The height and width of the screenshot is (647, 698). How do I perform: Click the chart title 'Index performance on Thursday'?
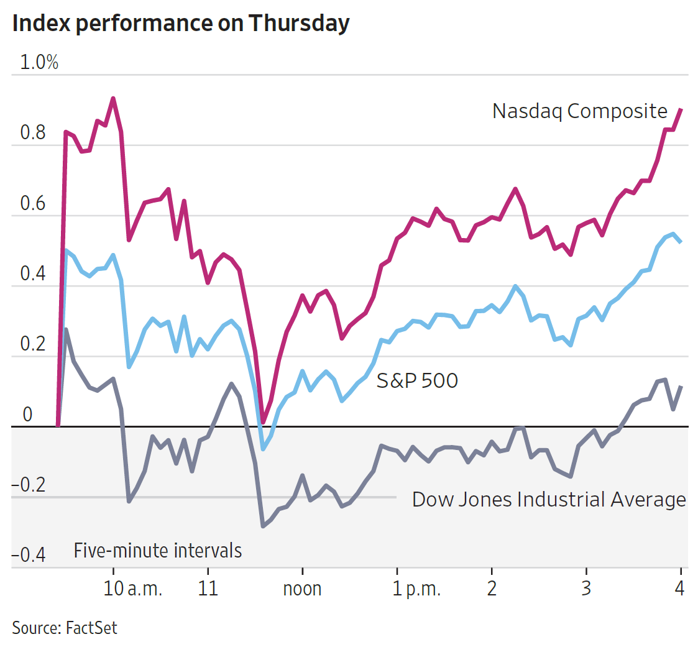181,24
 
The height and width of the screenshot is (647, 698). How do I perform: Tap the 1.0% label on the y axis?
40,63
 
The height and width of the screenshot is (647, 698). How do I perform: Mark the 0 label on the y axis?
27,415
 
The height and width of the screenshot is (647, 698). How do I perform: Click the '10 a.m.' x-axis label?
132,588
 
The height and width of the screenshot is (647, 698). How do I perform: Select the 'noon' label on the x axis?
302,588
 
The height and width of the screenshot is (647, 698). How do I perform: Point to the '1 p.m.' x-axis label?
416,588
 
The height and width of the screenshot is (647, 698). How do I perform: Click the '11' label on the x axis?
208,588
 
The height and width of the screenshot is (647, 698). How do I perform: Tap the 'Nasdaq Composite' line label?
579,111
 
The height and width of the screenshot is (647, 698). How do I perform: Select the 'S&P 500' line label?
417,380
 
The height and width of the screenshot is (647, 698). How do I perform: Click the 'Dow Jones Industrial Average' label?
549,499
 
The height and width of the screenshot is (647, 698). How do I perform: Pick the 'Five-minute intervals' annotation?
158,550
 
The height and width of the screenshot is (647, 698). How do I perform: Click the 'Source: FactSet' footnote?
65,627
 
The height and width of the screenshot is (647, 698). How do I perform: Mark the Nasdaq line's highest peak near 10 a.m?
113,98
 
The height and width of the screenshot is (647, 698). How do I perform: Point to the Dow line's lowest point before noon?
264,526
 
